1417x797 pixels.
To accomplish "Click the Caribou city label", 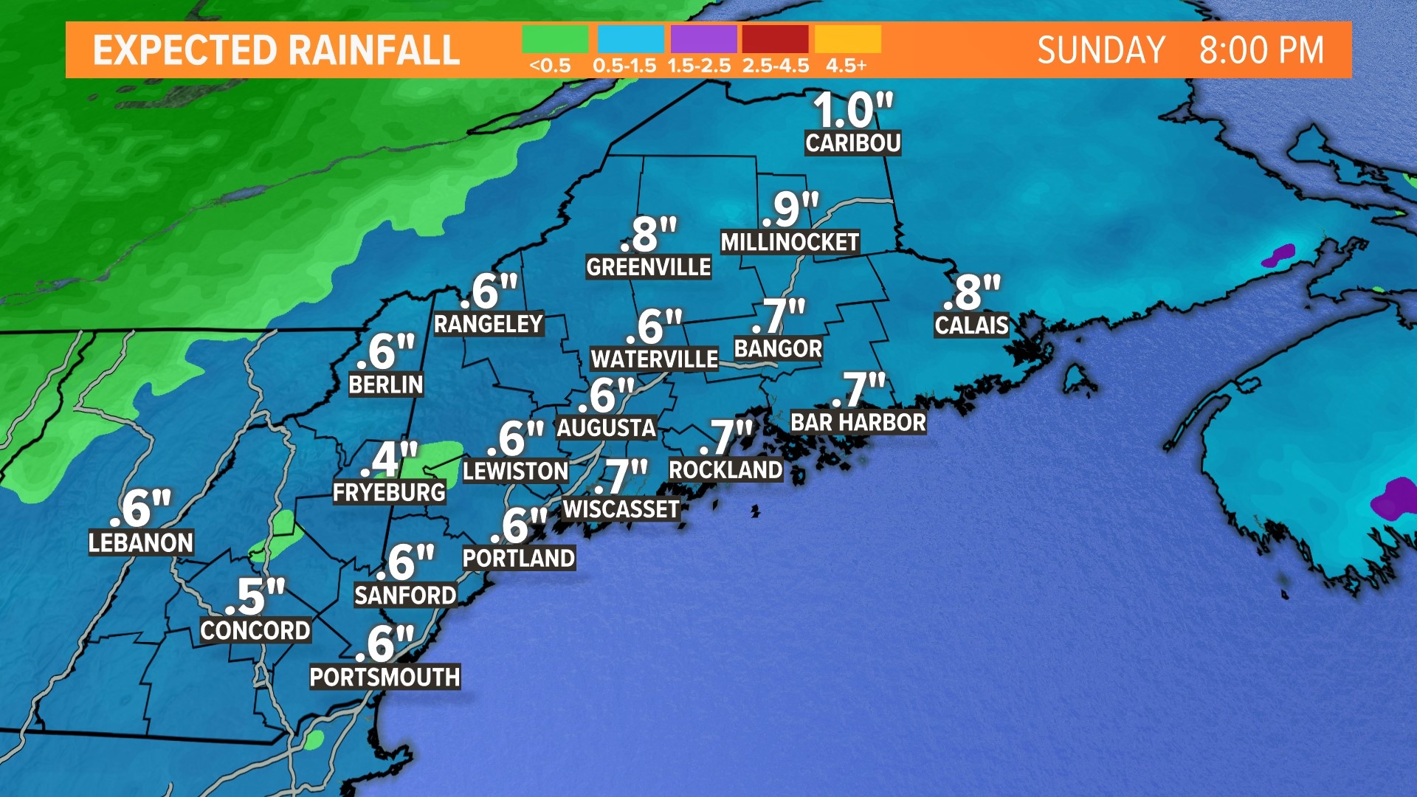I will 852,143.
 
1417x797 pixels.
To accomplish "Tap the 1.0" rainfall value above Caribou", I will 852,111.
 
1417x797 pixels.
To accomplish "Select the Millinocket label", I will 790,243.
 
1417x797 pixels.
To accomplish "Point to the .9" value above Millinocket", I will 791,210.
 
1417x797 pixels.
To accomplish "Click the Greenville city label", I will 648,267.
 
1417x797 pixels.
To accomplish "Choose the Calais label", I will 971,325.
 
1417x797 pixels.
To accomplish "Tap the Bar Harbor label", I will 858,423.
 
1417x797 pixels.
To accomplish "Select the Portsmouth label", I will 385,677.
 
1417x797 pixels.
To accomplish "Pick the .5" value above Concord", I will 255,596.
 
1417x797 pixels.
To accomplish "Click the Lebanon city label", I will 141,543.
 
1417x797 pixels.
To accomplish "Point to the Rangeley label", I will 488,324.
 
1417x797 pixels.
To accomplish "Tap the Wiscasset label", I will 621,509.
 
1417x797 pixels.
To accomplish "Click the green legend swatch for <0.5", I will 555,39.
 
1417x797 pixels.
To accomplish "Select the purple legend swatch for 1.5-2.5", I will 703,39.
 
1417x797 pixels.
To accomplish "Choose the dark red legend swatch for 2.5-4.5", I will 775,39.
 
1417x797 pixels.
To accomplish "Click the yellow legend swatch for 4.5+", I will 848,39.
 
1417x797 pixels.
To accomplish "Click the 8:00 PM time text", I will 1261,51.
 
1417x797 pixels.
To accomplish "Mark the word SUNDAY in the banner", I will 1101,51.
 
